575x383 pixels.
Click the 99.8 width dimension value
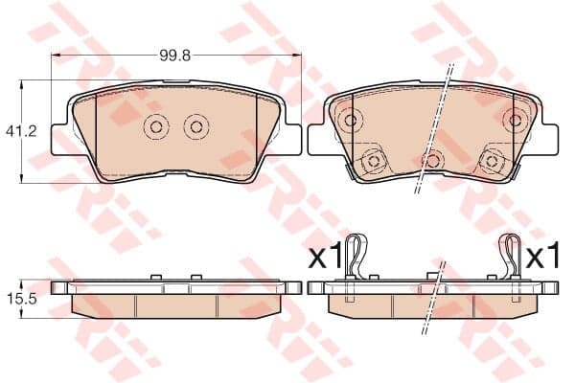(175, 56)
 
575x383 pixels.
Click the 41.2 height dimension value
(21, 131)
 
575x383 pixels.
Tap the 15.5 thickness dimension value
(22, 299)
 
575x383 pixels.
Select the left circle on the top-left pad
(156, 127)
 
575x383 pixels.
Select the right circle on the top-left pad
(196, 127)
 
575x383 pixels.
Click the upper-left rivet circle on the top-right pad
(351, 120)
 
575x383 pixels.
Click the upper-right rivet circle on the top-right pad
(516, 120)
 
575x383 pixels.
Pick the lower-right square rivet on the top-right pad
(492, 161)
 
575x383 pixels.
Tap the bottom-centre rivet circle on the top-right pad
(433, 160)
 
